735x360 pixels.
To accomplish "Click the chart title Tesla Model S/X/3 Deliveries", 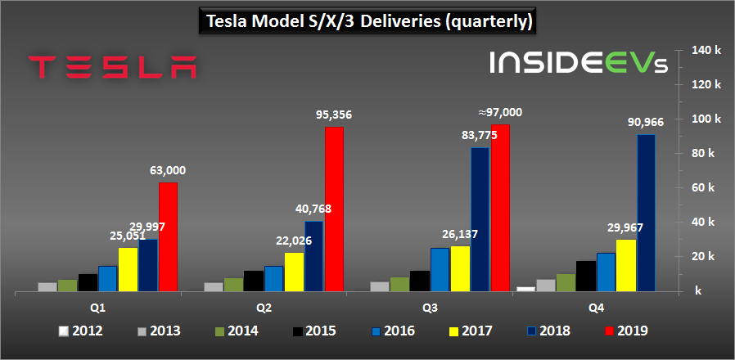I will (367, 20).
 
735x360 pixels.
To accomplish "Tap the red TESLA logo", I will (112, 67).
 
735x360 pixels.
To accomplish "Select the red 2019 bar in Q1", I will (168, 236).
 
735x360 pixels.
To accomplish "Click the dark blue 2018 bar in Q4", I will (647, 212).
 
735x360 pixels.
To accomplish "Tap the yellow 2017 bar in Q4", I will (626, 264).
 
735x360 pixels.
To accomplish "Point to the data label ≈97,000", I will (499, 112).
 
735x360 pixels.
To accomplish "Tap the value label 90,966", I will (647, 122).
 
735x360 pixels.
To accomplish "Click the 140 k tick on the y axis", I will (706, 50).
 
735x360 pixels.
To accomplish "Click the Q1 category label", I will (97, 308).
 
